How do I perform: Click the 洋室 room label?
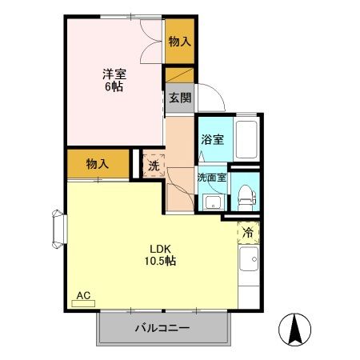click(113, 74)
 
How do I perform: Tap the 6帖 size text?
click(112, 86)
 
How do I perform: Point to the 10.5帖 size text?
click(161, 261)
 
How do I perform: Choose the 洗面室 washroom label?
click(211, 178)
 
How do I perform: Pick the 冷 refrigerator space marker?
click(248, 234)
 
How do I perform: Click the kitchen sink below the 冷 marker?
click(248, 261)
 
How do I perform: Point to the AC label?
click(83, 295)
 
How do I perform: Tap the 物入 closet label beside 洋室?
click(179, 42)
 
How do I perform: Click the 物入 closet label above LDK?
click(97, 164)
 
